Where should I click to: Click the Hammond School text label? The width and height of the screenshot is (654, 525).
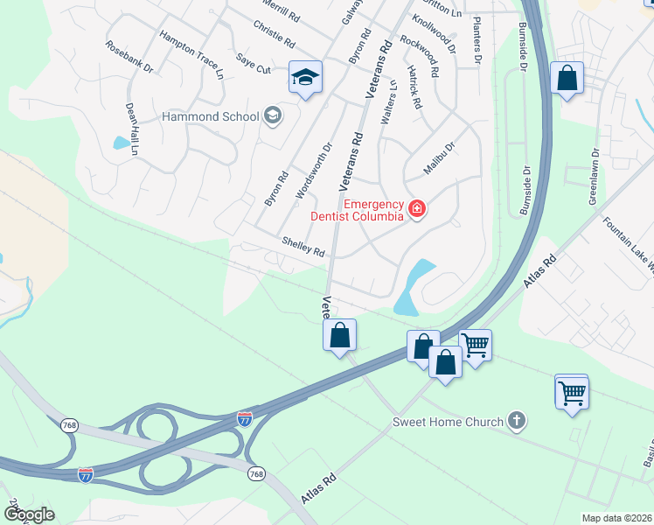click(211, 116)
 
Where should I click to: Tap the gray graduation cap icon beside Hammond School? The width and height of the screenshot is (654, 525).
click(272, 115)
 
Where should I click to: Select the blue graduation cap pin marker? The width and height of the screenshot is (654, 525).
click(305, 79)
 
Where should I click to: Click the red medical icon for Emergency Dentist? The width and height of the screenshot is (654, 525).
click(417, 208)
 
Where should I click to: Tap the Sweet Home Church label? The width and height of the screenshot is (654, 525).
click(447, 422)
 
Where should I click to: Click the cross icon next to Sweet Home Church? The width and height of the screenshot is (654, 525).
click(517, 422)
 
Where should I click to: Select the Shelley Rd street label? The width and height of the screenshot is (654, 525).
click(303, 247)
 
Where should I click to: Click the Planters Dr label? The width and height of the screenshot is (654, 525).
click(477, 41)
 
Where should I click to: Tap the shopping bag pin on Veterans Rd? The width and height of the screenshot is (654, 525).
click(339, 335)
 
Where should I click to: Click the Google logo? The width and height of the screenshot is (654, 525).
click(28, 514)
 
